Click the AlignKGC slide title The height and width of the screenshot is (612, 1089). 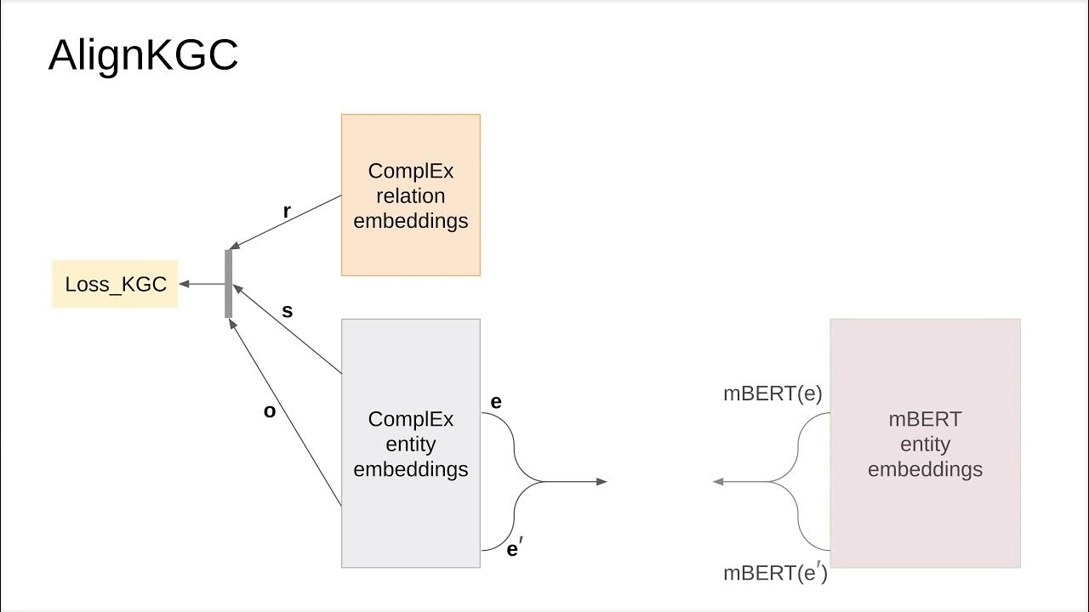tap(143, 56)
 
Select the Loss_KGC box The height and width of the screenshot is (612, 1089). tap(115, 284)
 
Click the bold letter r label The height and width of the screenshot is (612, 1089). tap(288, 212)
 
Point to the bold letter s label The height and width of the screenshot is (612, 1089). tap(288, 311)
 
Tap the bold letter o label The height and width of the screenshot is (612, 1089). tap(270, 411)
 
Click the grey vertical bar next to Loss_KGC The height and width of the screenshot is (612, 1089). tap(228, 284)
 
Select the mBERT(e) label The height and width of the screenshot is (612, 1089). tap(773, 394)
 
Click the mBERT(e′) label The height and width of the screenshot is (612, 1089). tap(775, 573)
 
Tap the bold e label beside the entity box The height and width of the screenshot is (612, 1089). tap(496, 401)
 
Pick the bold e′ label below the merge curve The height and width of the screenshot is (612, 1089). tap(514, 549)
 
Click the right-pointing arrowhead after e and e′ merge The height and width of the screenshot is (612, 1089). tap(602, 482)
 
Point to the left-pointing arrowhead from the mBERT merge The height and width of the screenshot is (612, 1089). tap(718, 482)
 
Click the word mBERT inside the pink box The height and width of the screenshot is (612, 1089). tap(925, 419)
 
